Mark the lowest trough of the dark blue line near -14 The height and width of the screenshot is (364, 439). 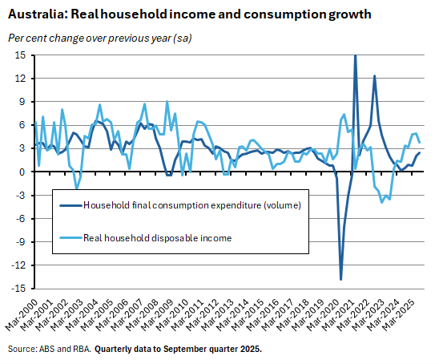click(x=341, y=279)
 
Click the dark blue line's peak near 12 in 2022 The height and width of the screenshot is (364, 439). click(x=374, y=75)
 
